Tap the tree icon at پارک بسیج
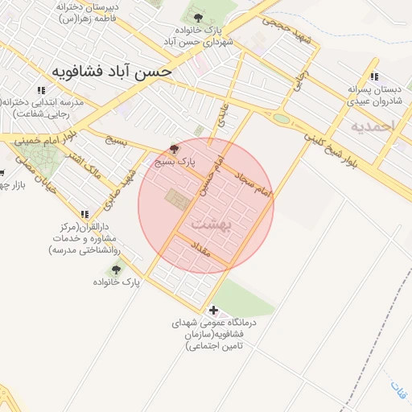coord(176,149)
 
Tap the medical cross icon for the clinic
coord(213,310)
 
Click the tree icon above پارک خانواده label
coord(117,270)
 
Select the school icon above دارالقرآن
coord(85,214)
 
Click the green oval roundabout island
coord(281,119)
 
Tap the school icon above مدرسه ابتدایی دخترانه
coord(41,89)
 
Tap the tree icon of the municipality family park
coord(197,17)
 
